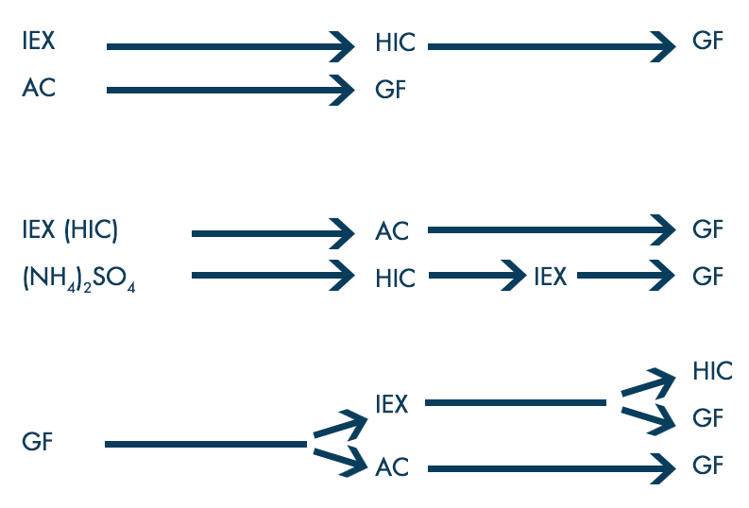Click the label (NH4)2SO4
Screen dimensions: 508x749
[x=79, y=279]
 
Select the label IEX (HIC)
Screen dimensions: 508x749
[x=71, y=229]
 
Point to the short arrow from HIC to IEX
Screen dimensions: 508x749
[x=477, y=276]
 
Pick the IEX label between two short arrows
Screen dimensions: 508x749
[x=550, y=277]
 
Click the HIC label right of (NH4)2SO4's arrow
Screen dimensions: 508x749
[x=395, y=279]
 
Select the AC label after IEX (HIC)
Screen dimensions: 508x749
[x=392, y=231]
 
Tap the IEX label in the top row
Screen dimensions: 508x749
[x=40, y=42]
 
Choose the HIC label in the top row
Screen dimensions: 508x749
[x=395, y=43]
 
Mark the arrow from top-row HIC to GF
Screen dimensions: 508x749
[x=553, y=44]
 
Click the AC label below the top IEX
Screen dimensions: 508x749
[x=40, y=89]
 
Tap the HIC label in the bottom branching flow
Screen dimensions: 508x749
[x=712, y=371]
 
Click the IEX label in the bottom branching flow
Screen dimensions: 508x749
[x=391, y=404]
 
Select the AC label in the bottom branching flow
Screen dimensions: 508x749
[x=392, y=467]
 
